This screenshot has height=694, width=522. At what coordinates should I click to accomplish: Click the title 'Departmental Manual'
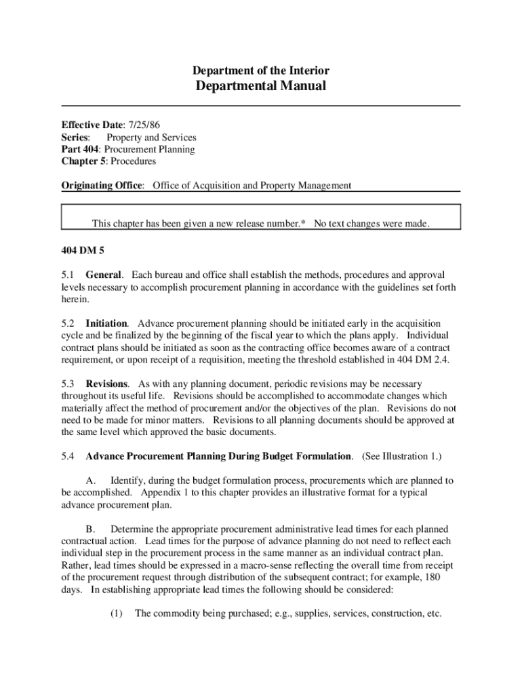point(261,86)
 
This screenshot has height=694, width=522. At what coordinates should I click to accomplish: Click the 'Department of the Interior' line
point(261,70)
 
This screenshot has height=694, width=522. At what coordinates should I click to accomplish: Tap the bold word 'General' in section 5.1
point(104,275)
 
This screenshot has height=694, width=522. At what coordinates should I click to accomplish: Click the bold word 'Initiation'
point(106,323)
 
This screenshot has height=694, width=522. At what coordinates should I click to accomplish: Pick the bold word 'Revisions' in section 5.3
point(107,384)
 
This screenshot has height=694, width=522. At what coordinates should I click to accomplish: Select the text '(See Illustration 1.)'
point(406,456)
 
